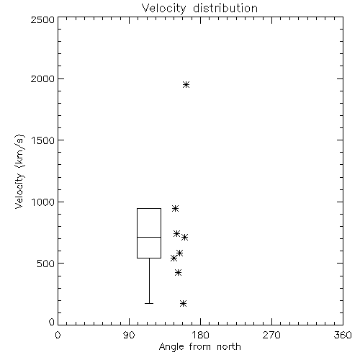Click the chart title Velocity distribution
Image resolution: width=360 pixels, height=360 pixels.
pyautogui.click(x=199, y=9)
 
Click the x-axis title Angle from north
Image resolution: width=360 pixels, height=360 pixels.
pyautogui.click(x=200, y=347)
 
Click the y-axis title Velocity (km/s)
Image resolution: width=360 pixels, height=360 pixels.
pyautogui.click(x=20, y=171)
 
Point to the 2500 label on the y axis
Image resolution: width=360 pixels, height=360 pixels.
pyautogui.click(x=42, y=19)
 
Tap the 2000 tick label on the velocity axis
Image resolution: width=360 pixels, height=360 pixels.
pyautogui.click(x=42, y=78)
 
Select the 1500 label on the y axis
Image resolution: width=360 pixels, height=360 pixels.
pyautogui.click(x=43, y=140)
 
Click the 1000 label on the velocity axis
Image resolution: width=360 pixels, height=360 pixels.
pyautogui.click(x=43, y=202)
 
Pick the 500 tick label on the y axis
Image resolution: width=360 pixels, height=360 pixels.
pyautogui.click(x=46, y=264)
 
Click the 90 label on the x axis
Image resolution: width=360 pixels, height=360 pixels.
pyautogui.click(x=129, y=335)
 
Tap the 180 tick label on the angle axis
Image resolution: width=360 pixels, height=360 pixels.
pyautogui.click(x=200, y=335)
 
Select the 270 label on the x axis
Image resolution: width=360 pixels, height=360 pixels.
pyautogui.click(x=271, y=335)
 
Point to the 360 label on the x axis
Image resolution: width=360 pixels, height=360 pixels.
pyautogui.click(x=343, y=335)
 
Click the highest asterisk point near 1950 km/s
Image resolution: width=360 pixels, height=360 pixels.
pyautogui.click(x=186, y=84)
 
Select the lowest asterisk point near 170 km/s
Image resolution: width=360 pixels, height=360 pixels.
pyautogui.click(x=183, y=304)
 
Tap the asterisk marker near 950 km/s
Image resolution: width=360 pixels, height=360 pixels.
pyautogui.click(x=175, y=208)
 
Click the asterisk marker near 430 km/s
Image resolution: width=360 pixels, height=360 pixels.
pyautogui.click(x=178, y=272)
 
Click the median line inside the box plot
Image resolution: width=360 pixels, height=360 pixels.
pyautogui.click(x=149, y=237)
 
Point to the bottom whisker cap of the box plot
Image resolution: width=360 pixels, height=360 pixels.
pyautogui.click(x=149, y=303)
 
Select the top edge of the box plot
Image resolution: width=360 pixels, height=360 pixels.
pyautogui.click(x=149, y=208)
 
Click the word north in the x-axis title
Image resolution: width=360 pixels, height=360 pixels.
pyautogui.click(x=229, y=347)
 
